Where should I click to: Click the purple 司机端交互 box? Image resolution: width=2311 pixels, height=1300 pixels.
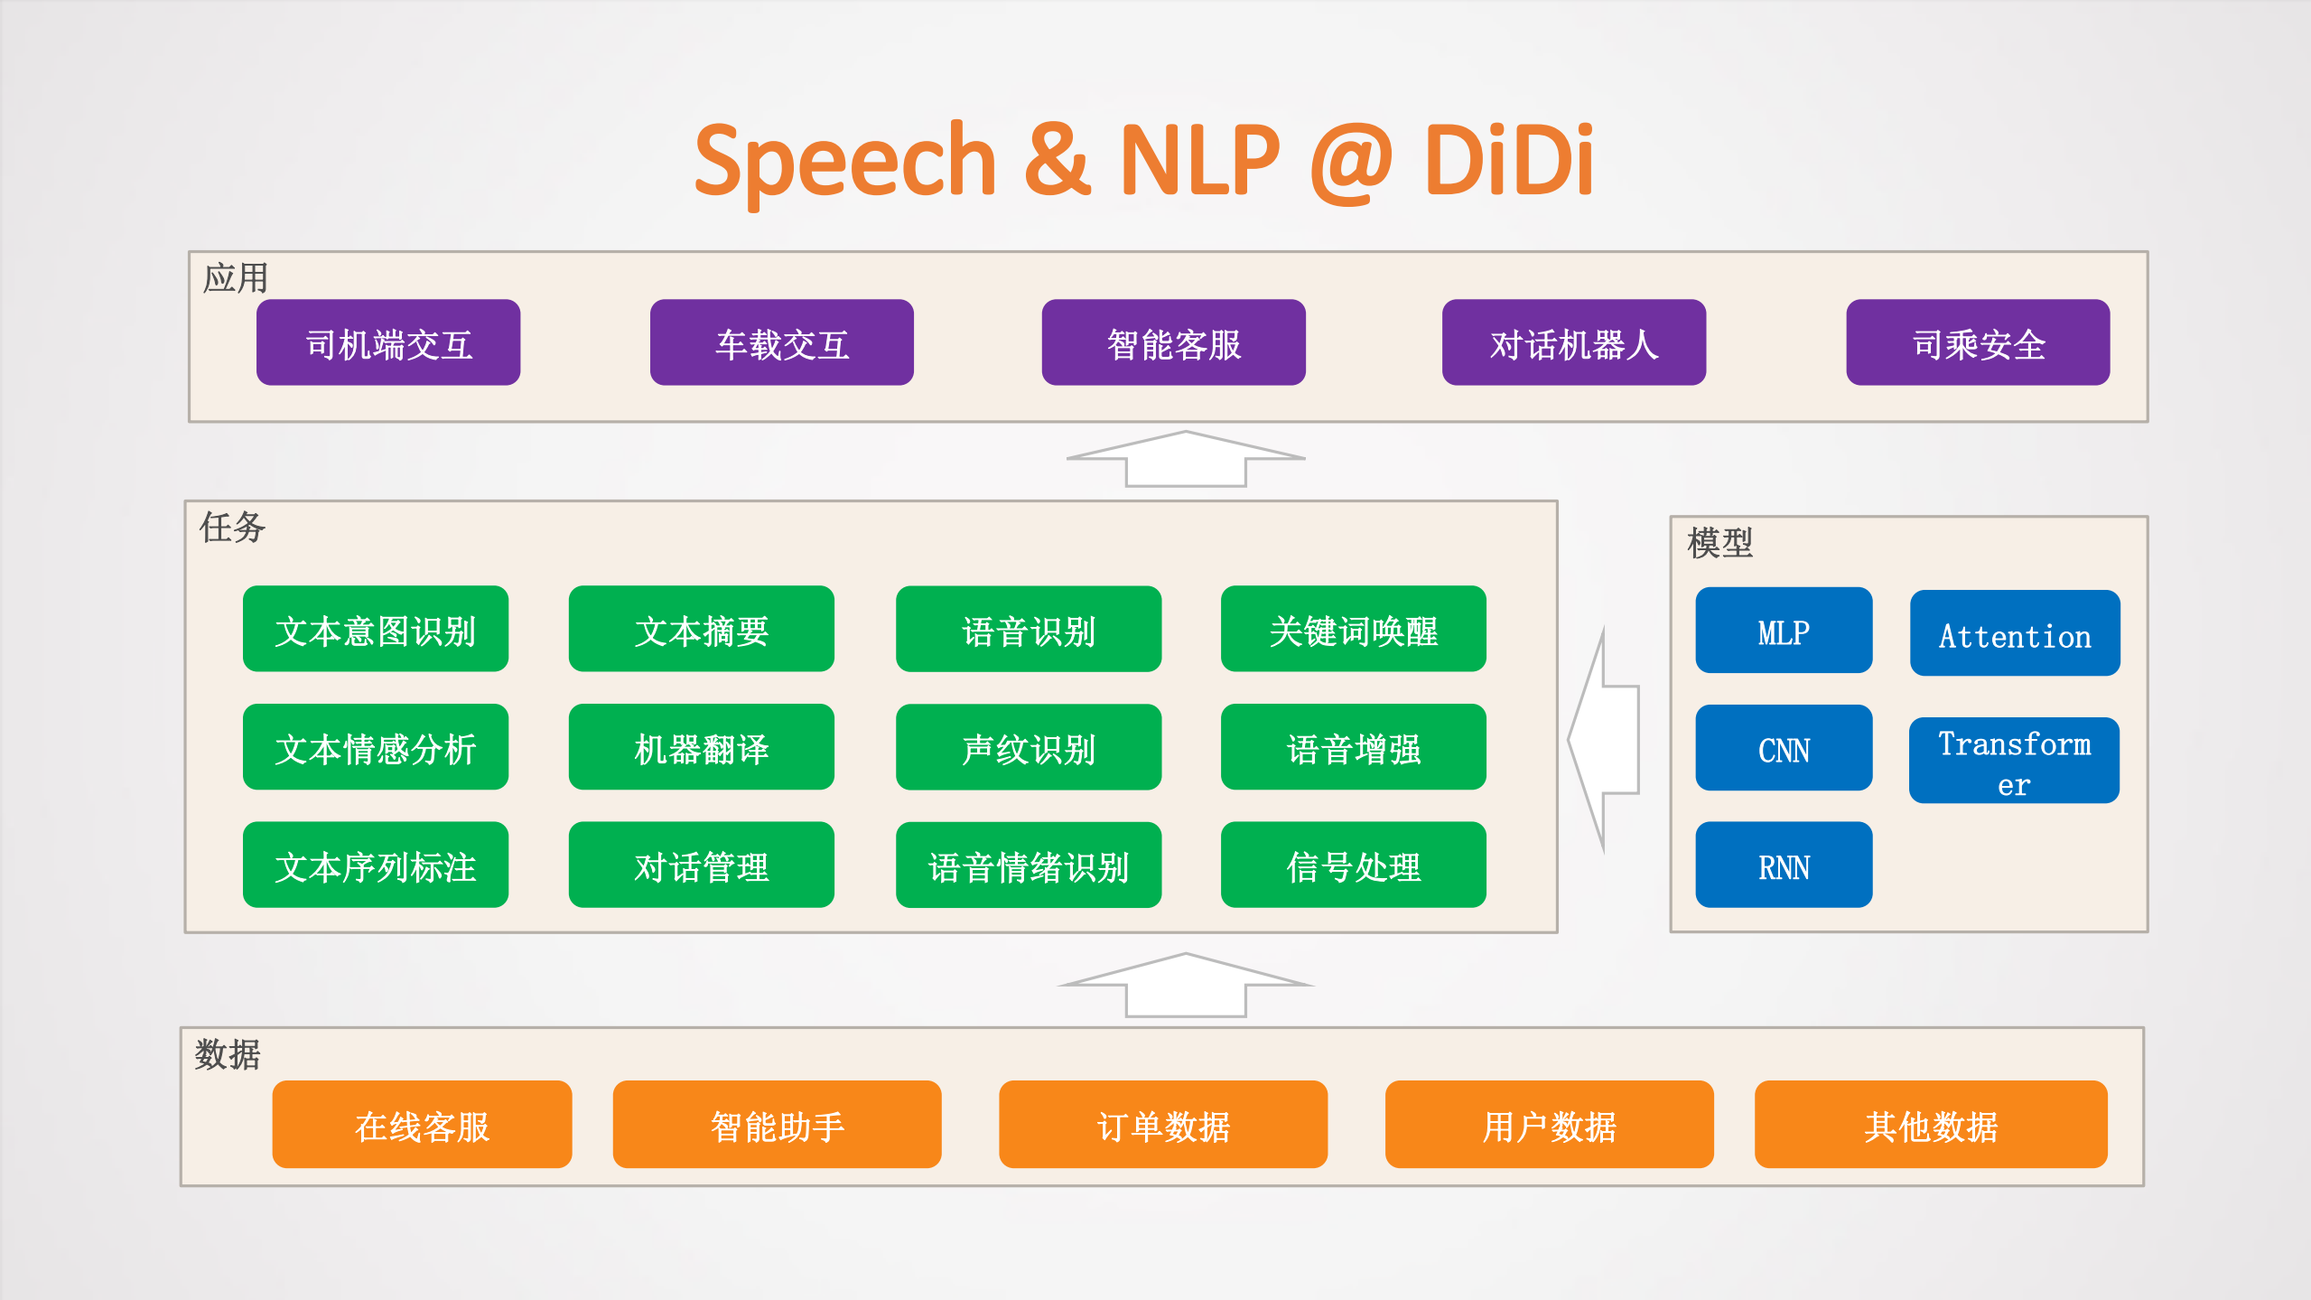pos(388,342)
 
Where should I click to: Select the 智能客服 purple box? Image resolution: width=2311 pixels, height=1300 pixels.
pos(1173,342)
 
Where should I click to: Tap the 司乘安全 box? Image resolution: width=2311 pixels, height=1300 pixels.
pos(1978,342)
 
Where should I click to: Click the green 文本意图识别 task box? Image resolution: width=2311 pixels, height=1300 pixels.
pos(375,629)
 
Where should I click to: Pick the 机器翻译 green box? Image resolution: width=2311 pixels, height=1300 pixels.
pos(701,747)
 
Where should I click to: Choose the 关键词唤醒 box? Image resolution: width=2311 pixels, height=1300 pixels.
pos(1353,629)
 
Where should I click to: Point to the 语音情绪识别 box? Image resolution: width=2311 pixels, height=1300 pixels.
pos(1028,865)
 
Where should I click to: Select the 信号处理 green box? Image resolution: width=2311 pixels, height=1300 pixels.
pos(1353,865)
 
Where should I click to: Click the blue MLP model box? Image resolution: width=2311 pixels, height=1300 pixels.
pos(1783,631)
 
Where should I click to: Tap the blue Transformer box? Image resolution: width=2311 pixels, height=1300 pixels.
pos(2014,761)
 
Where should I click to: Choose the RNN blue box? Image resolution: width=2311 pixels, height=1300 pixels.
pos(1783,865)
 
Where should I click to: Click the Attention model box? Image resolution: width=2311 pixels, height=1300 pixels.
pos(2014,633)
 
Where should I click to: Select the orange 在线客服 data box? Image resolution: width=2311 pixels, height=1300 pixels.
pos(422,1124)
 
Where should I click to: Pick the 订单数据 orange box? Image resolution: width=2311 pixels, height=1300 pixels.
pos(1162,1124)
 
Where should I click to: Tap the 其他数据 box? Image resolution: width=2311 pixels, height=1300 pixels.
pos(1930,1124)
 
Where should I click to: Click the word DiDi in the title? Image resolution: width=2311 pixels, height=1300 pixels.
pos(1508,161)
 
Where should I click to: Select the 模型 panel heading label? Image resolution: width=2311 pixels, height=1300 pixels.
pos(1719,543)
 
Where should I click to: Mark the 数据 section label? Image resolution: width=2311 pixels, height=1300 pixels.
pos(228,1053)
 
